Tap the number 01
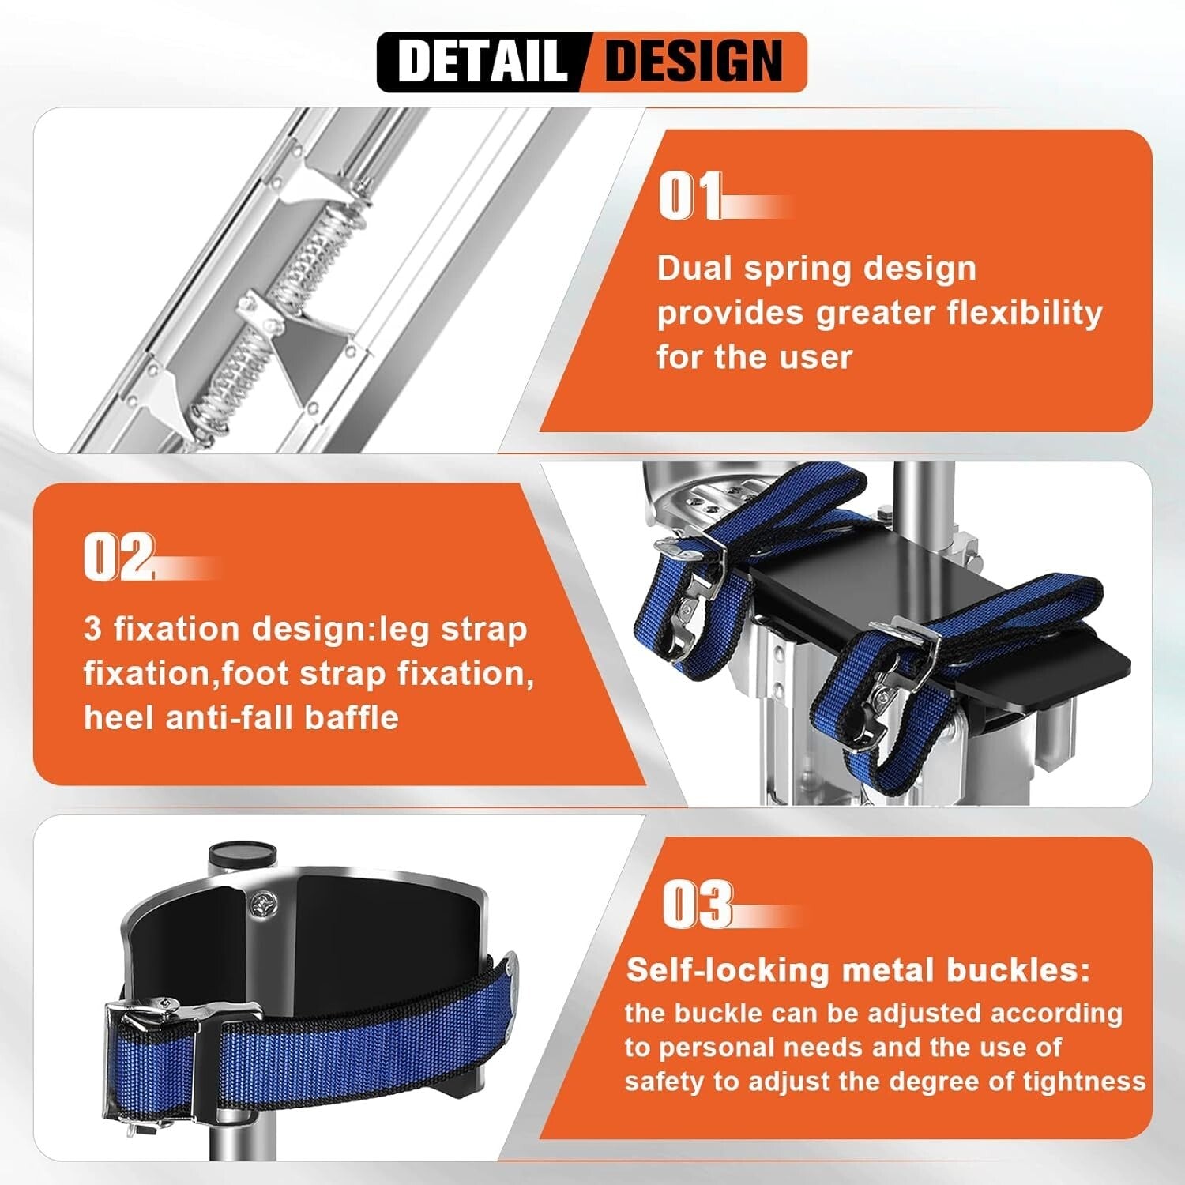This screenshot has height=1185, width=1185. click(690, 197)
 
